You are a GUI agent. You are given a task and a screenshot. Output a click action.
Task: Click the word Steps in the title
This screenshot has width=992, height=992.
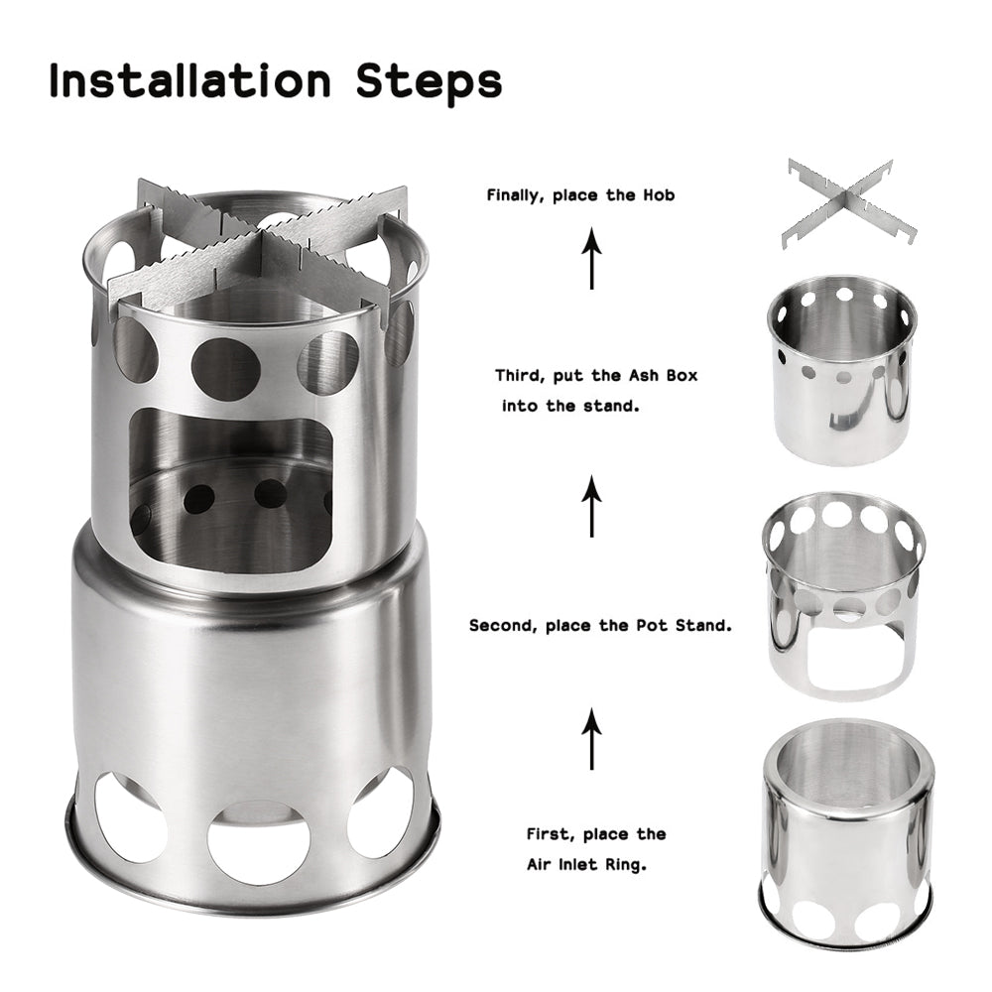pyautogui.click(x=429, y=83)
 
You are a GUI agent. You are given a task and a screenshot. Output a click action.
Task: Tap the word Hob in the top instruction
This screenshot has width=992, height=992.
pyautogui.click(x=656, y=195)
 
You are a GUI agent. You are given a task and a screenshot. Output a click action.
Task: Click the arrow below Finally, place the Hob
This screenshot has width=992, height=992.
pyautogui.click(x=592, y=258)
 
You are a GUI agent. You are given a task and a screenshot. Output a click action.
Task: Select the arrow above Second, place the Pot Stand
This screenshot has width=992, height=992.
pyautogui.click(x=592, y=506)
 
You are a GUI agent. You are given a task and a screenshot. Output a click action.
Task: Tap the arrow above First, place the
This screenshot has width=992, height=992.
pyautogui.click(x=592, y=739)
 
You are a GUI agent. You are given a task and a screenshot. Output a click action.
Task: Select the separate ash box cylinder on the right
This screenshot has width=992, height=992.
pyautogui.click(x=842, y=369)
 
